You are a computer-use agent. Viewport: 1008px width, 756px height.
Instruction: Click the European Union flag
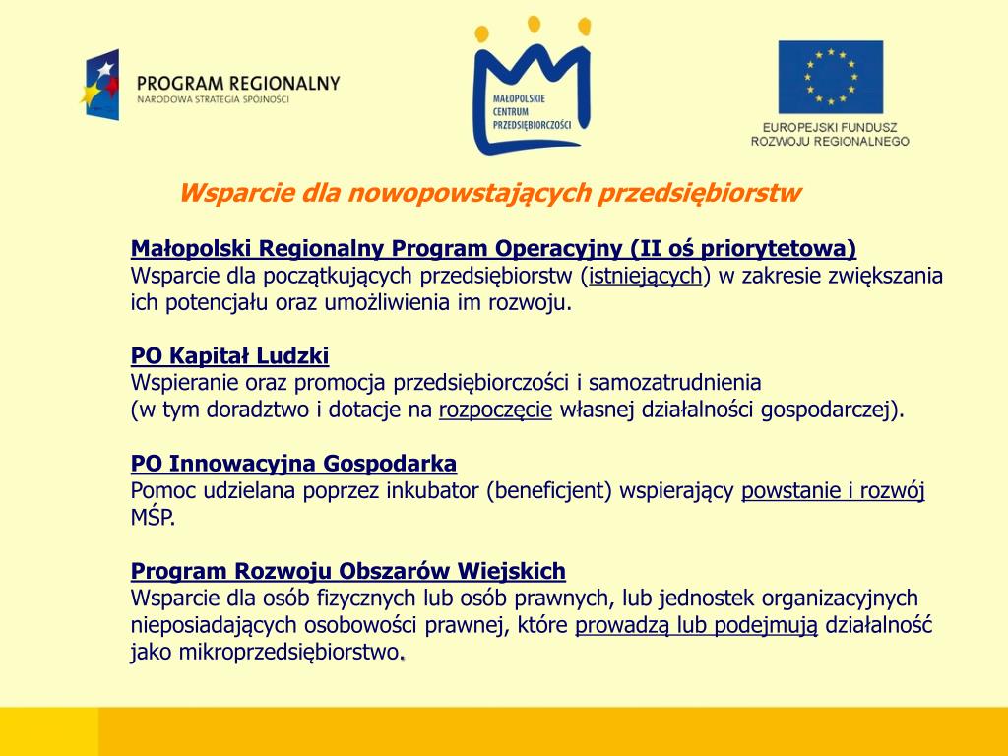830,77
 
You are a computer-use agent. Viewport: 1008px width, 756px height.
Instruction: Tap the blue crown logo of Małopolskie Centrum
532,94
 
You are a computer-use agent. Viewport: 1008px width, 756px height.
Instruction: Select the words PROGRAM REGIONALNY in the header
238,83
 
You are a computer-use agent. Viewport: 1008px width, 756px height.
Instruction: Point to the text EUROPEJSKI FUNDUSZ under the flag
830,127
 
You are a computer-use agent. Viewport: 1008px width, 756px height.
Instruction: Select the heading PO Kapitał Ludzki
229,355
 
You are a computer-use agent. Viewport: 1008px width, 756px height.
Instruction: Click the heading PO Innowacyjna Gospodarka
293,463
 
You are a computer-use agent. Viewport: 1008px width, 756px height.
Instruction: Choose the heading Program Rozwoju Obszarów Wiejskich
348,571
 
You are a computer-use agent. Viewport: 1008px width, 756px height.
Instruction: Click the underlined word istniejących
645,276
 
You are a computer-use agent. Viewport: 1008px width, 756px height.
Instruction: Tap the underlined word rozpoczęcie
495,409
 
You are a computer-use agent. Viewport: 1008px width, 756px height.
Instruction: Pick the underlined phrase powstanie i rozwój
833,490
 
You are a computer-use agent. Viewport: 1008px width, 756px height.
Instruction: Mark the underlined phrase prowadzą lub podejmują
697,625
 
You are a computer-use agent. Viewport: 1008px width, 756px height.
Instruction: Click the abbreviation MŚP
153,517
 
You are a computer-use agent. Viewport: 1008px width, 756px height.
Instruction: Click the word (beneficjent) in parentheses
549,490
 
